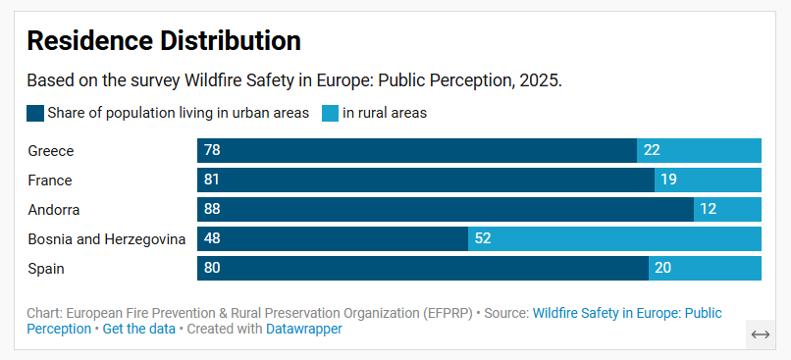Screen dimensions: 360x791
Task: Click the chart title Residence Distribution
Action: point(163,40)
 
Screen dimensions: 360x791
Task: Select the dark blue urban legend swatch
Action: point(35,113)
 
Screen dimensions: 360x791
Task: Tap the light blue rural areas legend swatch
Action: point(330,113)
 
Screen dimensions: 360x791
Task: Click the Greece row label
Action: point(51,151)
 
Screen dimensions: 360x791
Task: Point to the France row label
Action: point(50,180)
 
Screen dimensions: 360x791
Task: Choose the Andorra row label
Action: point(54,210)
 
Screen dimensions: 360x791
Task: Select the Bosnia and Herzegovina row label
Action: point(107,239)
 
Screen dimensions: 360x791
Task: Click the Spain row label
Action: point(46,269)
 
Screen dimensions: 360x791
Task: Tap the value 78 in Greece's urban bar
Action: point(212,151)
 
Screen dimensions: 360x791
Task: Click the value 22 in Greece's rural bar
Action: point(652,151)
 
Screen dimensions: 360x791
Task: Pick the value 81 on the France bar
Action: point(212,180)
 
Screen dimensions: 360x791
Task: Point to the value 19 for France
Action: point(668,180)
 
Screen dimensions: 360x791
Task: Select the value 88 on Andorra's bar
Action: point(212,210)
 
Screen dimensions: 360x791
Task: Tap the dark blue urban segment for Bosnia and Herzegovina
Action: point(334,239)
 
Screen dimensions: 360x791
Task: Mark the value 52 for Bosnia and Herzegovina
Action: point(483,239)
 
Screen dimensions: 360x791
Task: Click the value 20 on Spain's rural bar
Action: point(663,269)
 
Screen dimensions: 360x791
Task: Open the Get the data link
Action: point(138,330)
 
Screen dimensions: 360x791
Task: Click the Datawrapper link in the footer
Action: point(304,330)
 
